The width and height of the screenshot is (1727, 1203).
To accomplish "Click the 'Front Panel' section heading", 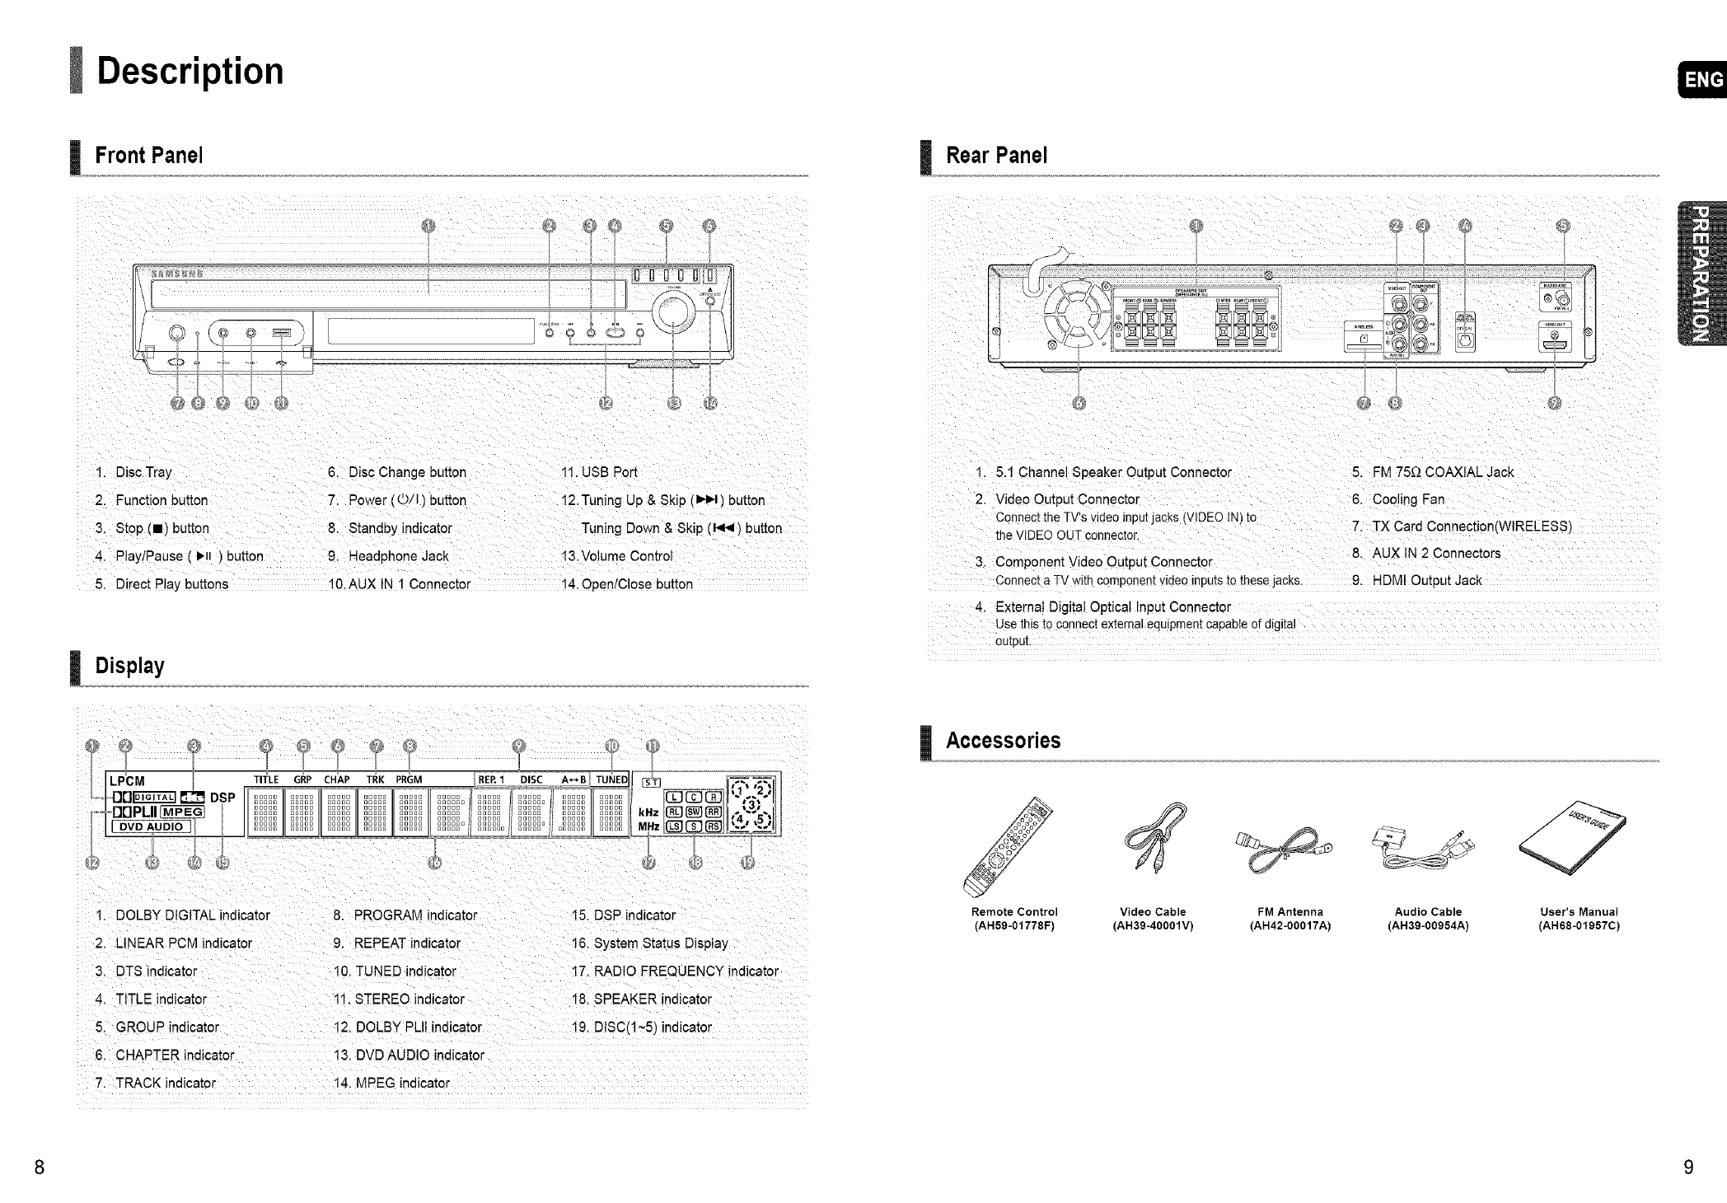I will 148,156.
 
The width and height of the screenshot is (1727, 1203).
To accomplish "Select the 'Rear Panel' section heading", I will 996,156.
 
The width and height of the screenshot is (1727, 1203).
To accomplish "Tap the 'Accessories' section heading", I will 1003,740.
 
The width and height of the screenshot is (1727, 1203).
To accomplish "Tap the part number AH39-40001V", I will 1153,925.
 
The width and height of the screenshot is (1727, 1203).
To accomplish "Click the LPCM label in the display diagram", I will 127,781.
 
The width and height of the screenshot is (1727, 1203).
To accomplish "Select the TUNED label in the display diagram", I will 611,779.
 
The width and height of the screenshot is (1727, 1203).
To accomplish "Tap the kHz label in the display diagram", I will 648,812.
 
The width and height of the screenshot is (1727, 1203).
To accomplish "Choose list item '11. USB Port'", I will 599,472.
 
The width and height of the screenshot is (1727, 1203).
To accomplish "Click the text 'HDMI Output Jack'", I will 1426,581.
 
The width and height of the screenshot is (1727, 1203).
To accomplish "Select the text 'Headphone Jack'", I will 399,556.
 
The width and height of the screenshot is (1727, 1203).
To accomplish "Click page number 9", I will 1688,1168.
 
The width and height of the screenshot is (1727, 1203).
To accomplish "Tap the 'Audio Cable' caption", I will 1428,912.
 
